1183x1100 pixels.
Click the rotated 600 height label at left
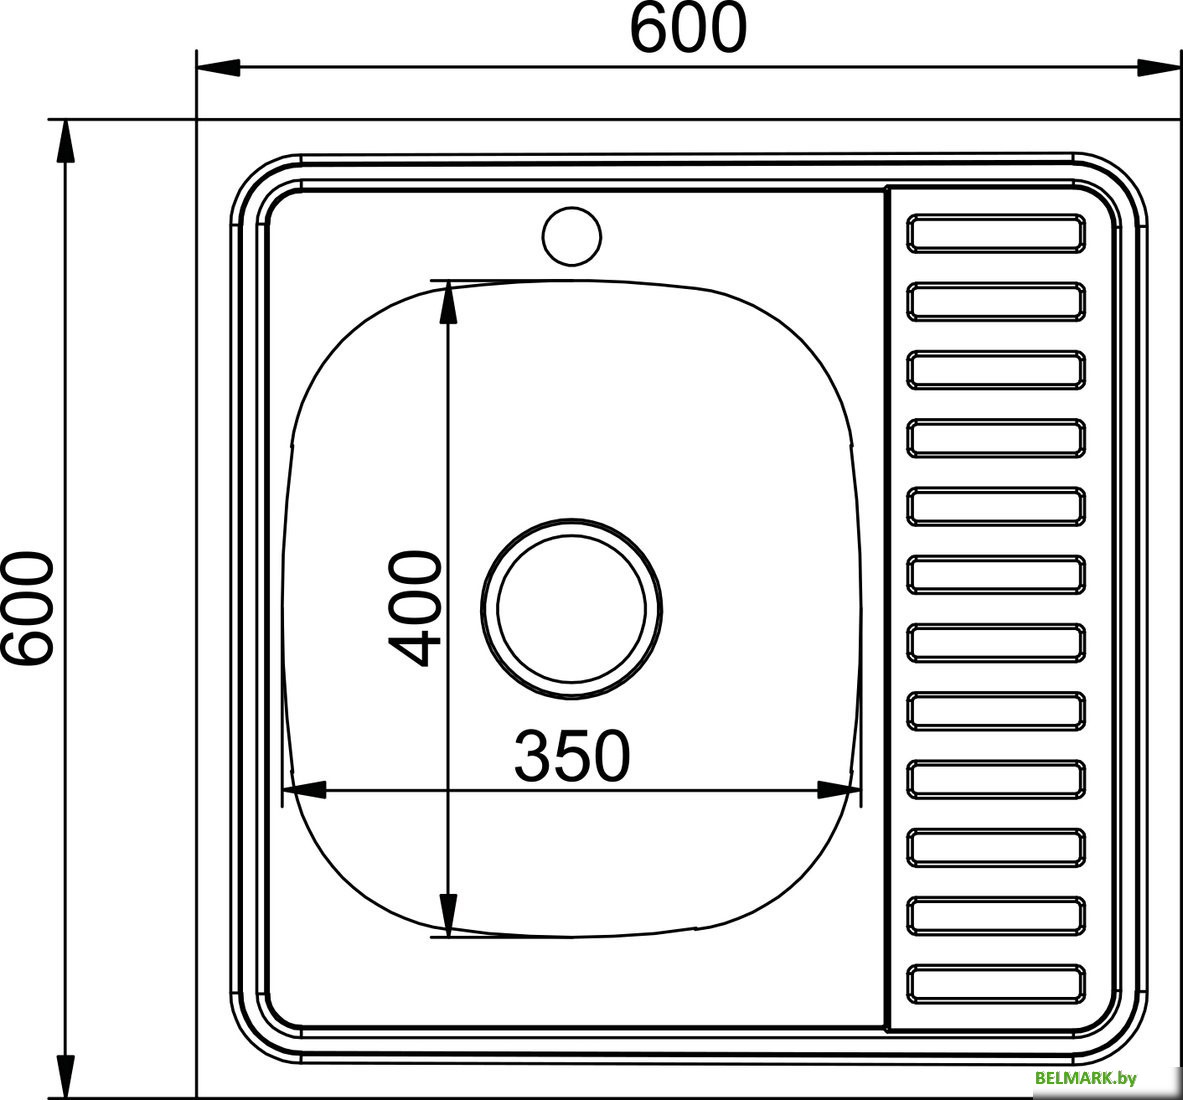[27, 607]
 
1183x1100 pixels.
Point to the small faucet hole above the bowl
[572, 236]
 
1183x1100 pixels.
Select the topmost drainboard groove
[996, 232]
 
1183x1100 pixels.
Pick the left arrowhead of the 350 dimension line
[306, 790]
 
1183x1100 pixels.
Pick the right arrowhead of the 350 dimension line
[839, 790]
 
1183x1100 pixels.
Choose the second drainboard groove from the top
[996, 301]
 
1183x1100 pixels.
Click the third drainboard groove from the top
[996, 369]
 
